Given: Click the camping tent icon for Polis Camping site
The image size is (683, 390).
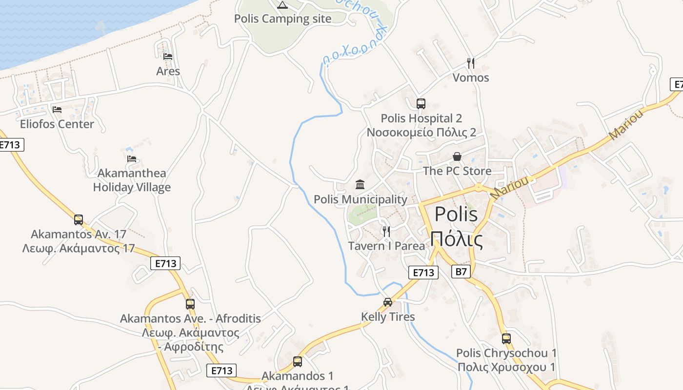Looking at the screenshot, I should pyautogui.click(x=282, y=5).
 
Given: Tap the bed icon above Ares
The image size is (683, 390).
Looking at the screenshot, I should pyautogui.click(x=168, y=57).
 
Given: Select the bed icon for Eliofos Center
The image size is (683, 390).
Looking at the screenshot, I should pyautogui.click(x=57, y=110).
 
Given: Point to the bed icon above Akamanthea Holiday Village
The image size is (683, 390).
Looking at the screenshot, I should pyautogui.click(x=132, y=158).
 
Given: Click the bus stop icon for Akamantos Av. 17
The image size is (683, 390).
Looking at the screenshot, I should pyautogui.click(x=79, y=220).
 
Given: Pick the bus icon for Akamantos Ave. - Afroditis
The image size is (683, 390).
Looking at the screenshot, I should pyautogui.click(x=190, y=304).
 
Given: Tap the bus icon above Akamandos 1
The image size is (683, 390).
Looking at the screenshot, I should pyautogui.click(x=297, y=362).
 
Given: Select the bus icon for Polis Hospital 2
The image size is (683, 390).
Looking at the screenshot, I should pyautogui.click(x=421, y=104).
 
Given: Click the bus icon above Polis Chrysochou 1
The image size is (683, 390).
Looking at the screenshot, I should pyautogui.click(x=506, y=338).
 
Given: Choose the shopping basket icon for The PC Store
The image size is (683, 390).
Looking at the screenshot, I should pyautogui.click(x=457, y=156).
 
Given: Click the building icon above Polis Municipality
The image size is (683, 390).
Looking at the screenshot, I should pyautogui.click(x=360, y=185).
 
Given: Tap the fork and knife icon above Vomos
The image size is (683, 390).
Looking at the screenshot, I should pyautogui.click(x=470, y=63).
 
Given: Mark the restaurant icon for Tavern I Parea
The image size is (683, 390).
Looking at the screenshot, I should pyautogui.click(x=386, y=231).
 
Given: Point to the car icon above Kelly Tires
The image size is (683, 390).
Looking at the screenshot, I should pyautogui.click(x=388, y=302).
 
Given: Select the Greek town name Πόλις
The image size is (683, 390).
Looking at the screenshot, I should pyautogui.click(x=457, y=240).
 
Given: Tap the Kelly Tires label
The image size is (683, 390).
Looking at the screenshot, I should pyautogui.click(x=388, y=317).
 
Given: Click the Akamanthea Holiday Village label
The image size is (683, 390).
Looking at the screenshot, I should pyautogui.click(x=132, y=180).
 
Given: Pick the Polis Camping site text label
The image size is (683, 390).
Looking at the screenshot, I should pyautogui.click(x=282, y=19).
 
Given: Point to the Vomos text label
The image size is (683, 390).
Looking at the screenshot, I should pyautogui.click(x=470, y=78).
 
